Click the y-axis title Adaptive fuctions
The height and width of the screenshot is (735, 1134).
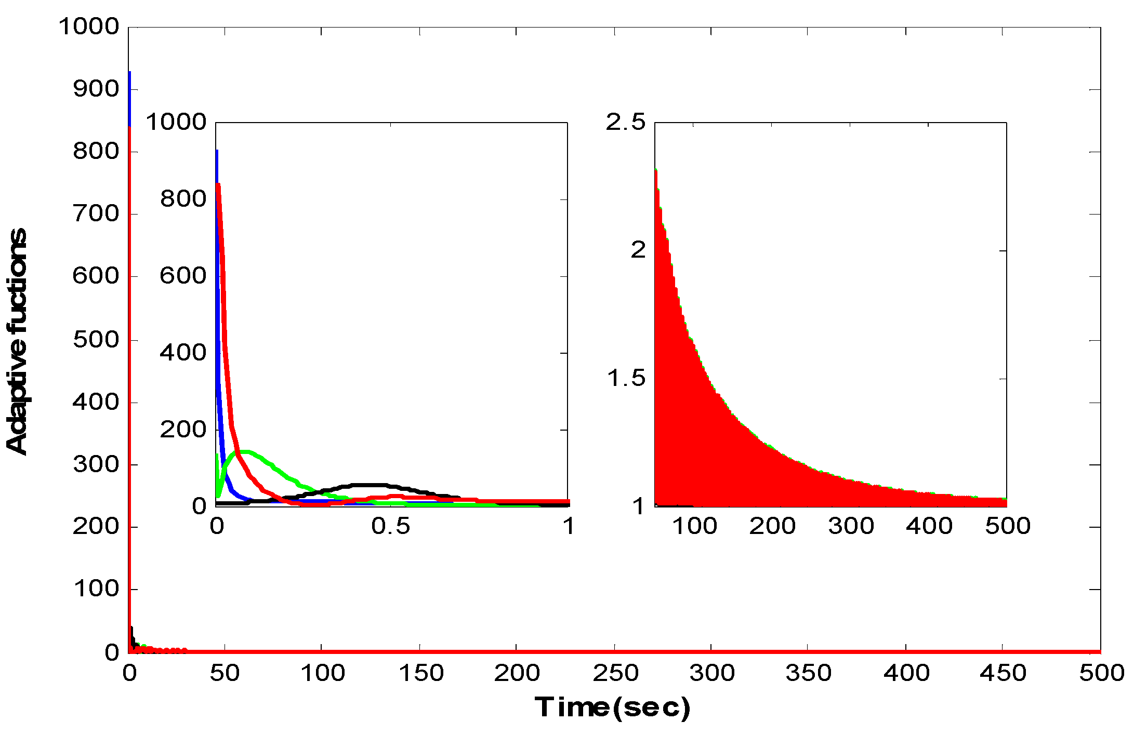click(x=17, y=341)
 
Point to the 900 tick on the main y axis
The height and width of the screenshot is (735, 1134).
click(x=96, y=89)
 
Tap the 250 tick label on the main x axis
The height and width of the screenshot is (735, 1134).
click(x=615, y=673)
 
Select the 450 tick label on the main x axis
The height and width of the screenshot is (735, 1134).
click(x=1003, y=673)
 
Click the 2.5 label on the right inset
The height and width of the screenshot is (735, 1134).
click(x=625, y=122)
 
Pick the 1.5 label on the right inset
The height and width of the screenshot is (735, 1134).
click(x=626, y=378)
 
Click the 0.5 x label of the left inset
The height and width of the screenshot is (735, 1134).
click(x=390, y=526)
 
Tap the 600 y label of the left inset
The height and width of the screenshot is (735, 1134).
click(x=183, y=276)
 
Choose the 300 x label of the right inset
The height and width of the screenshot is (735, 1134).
click(x=851, y=526)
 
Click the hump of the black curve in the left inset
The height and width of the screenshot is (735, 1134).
click(x=366, y=485)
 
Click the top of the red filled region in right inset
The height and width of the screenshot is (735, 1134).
click(x=656, y=170)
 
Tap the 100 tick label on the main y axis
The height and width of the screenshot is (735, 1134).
click(x=96, y=589)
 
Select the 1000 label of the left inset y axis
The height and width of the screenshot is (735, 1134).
click(x=176, y=123)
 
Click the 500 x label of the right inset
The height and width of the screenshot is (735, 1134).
click(x=1007, y=526)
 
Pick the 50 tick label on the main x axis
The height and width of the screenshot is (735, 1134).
click(x=225, y=673)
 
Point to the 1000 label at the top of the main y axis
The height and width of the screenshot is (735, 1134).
click(x=89, y=27)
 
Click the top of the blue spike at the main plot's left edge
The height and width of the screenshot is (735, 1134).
click(x=129, y=73)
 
